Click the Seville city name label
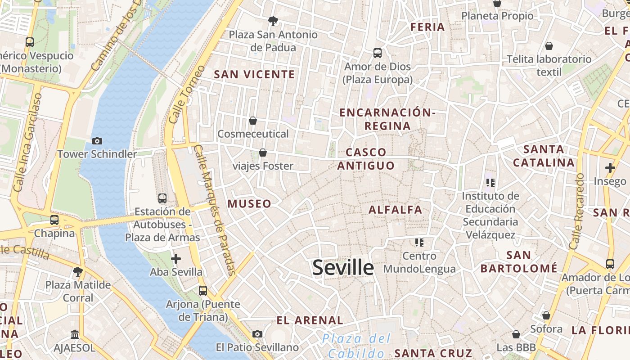(x=343, y=268)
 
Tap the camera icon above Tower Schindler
(x=97, y=141)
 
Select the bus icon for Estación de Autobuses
(x=162, y=198)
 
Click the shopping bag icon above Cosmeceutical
(x=253, y=121)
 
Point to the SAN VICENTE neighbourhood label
(x=254, y=75)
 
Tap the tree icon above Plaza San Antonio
(x=273, y=21)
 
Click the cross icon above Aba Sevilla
(x=176, y=259)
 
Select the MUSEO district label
(x=249, y=204)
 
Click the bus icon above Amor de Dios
(x=378, y=53)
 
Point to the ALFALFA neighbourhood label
(x=396, y=210)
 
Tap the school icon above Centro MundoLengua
(x=419, y=243)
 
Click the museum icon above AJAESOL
(x=75, y=335)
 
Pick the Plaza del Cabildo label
(x=356, y=346)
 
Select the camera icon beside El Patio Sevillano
(x=257, y=334)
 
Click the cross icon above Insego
(x=610, y=168)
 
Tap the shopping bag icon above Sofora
(x=546, y=315)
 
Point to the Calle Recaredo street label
(x=577, y=211)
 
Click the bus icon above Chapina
(x=54, y=220)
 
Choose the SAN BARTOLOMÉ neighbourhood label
(x=519, y=262)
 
